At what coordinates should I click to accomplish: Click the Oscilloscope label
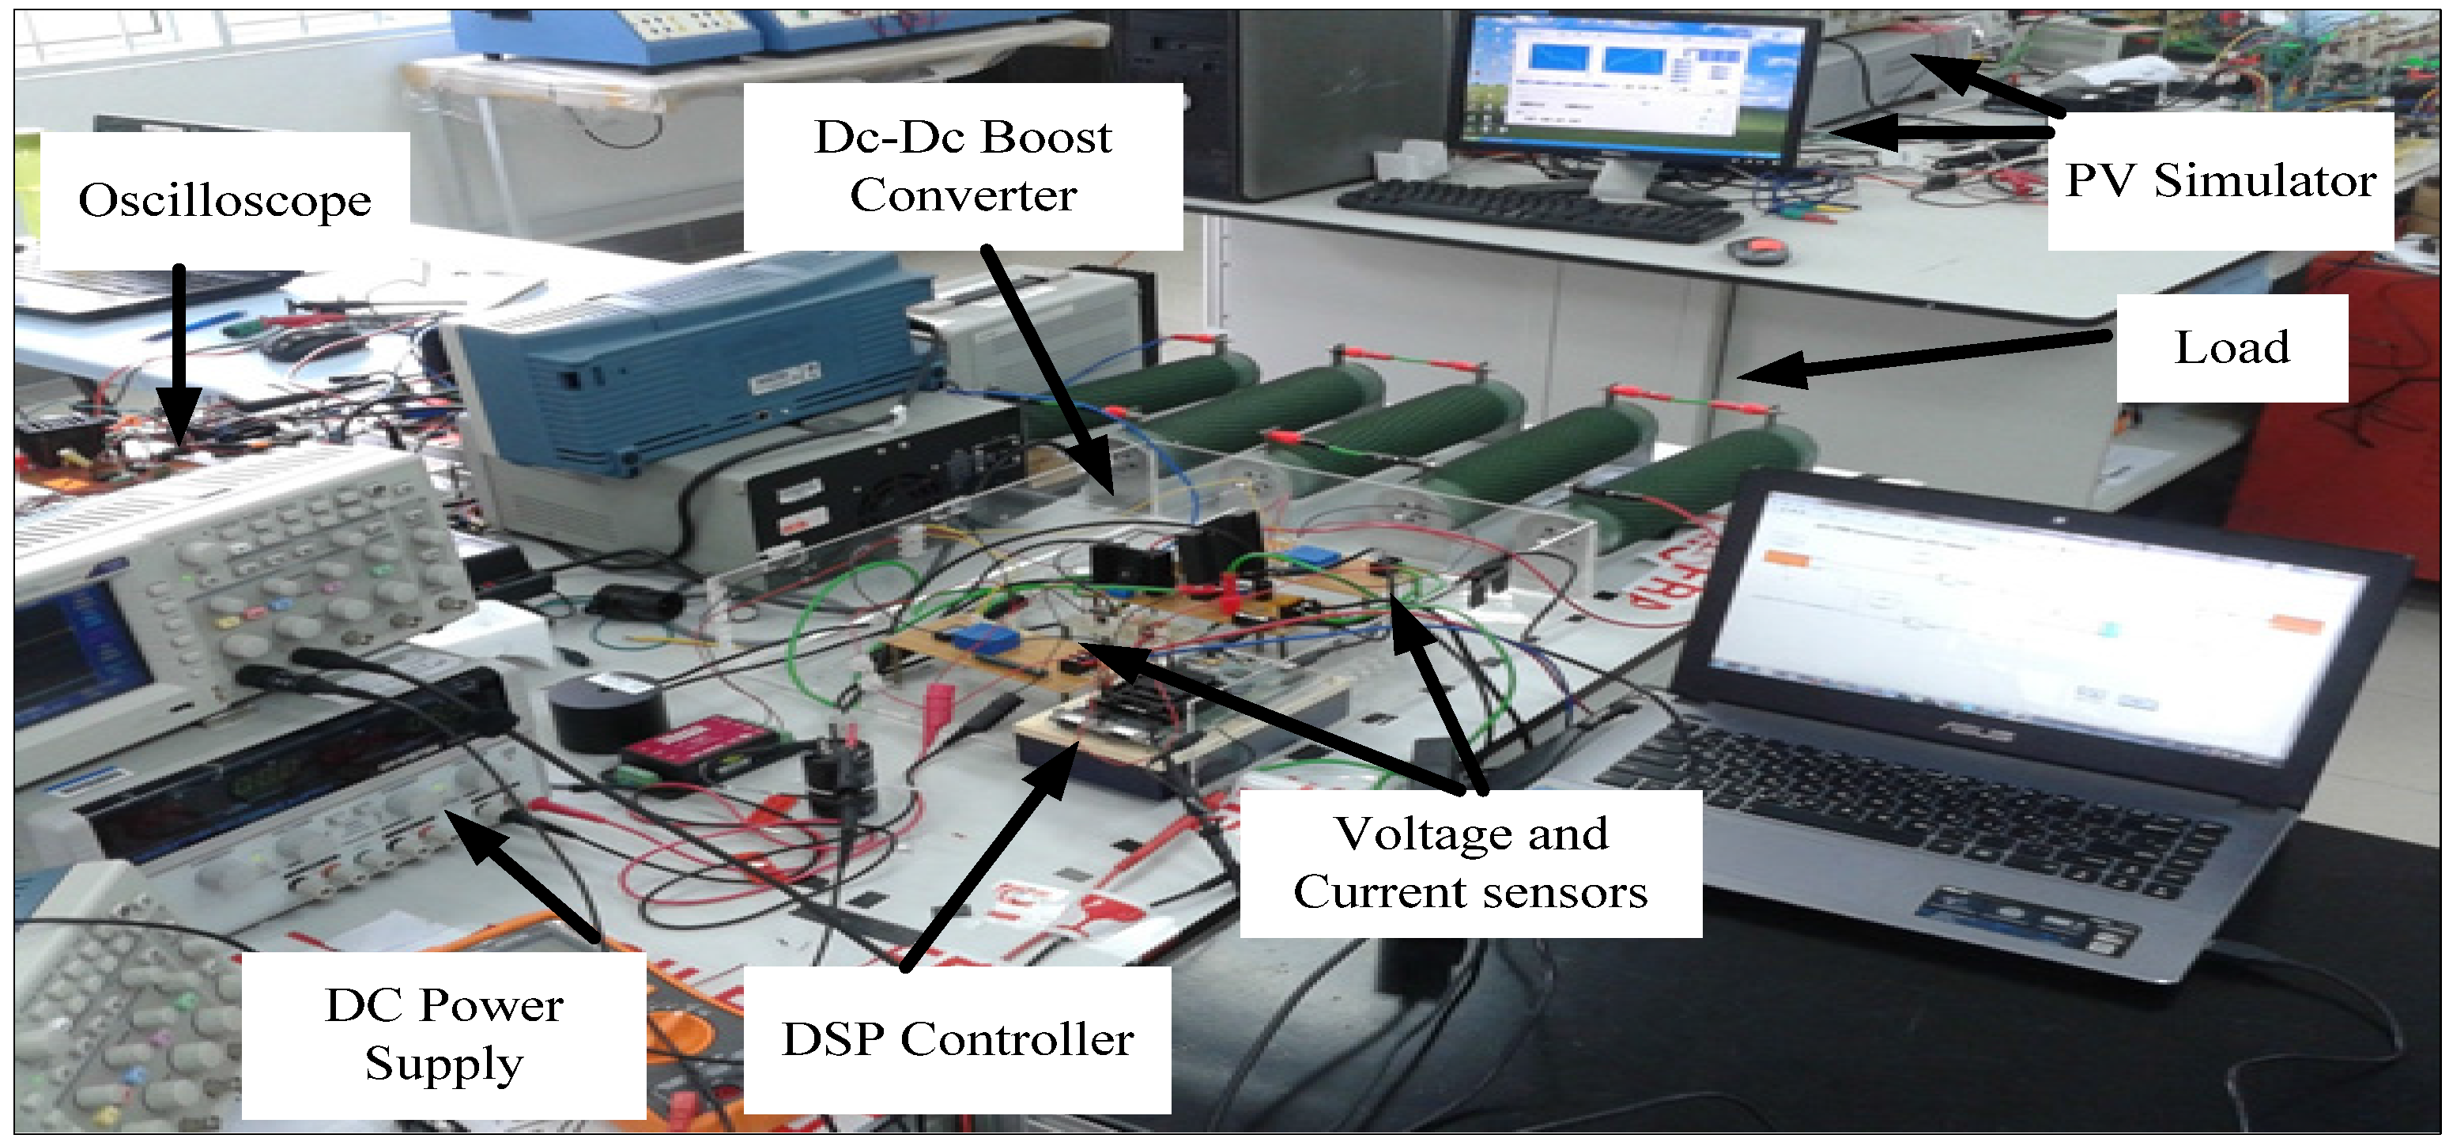click(225, 201)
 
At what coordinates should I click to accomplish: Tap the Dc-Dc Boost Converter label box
click(963, 167)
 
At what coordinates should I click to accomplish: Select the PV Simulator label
click(2220, 181)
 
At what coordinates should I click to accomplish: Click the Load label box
click(2231, 348)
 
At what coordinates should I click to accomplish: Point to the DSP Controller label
click(957, 1039)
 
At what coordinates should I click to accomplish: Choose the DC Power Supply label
click(443, 1034)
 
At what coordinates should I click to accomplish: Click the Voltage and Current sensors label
click(1470, 863)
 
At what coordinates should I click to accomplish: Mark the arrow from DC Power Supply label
click(524, 876)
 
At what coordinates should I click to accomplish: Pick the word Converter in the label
click(963, 196)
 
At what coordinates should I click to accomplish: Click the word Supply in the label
click(443, 1063)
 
